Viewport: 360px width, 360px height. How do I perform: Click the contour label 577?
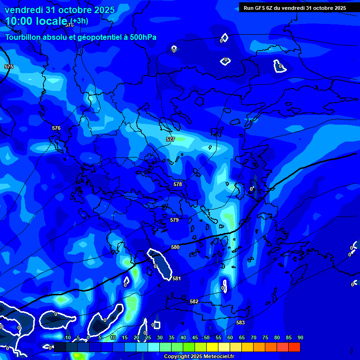[x=171, y=139]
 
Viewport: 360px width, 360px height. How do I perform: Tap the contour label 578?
[x=178, y=184]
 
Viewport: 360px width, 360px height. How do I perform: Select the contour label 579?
[x=174, y=220]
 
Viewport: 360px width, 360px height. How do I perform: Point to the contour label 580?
[x=175, y=247]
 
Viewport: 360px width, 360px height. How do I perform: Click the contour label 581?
[x=176, y=278]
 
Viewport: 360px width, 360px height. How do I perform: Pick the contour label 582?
[x=194, y=301]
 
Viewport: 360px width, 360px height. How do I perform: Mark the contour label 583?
[x=240, y=322]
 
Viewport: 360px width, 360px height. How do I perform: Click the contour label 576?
[x=56, y=128]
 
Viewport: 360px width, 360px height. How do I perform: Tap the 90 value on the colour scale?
[x=300, y=337]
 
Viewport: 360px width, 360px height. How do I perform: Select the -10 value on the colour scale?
[x=67, y=337]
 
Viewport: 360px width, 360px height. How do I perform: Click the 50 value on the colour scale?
[x=207, y=337]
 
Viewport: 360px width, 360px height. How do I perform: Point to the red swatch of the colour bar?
[x=294, y=347]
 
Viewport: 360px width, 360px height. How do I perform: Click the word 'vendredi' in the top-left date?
[x=24, y=10]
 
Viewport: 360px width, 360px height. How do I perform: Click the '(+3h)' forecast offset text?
[x=79, y=21]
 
